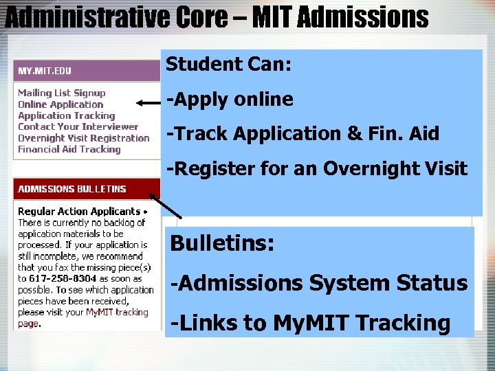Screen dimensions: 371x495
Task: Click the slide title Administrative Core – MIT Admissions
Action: (x=216, y=17)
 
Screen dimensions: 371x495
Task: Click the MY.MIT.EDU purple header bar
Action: (x=87, y=71)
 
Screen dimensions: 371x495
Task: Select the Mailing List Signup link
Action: (x=62, y=93)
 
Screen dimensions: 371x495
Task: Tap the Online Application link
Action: (x=60, y=104)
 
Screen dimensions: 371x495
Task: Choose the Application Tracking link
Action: (x=66, y=115)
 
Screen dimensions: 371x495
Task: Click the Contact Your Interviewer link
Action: (x=78, y=126)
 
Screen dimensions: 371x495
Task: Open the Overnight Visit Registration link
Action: (x=83, y=138)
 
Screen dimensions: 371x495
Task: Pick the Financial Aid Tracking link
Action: (x=69, y=149)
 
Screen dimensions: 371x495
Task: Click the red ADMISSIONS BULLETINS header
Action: (x=87, y=189)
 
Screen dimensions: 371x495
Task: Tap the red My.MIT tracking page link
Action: (x=116, y=313)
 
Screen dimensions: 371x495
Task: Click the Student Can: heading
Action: (x=229, y=65)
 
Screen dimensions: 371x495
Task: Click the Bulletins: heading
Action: (x=222, y=244)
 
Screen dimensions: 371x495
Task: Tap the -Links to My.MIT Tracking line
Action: (x=311, y=323)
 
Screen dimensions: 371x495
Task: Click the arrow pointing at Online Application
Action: (x=148, y=103)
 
